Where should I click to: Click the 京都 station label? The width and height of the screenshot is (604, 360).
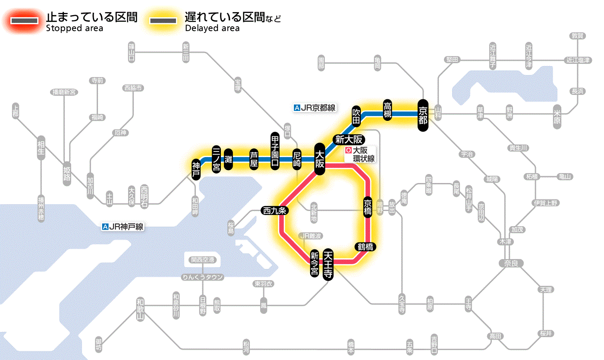click(x=423, y=115)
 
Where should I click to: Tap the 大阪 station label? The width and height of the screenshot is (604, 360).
click(x=319, y=159)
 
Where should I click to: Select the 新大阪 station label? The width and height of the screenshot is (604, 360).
click(x=350, y=139)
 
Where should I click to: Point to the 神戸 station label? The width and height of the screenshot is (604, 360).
click(x=196, y=169)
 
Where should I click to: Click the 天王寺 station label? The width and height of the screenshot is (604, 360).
click(x=328, y=264)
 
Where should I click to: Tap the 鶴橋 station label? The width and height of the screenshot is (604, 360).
click(x=365, y=247)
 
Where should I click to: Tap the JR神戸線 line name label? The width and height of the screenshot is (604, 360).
click(x=123, y=227)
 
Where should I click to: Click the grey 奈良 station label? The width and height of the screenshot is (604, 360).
click(x=510, y=263)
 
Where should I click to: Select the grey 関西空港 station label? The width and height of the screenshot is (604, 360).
click(x=202, y=260)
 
